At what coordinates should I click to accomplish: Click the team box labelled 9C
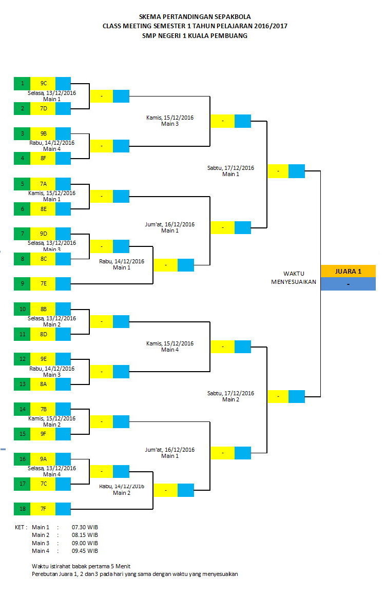(43, 83)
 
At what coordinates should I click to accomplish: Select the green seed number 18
(22, 509)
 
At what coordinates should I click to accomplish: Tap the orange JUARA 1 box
(348, 271)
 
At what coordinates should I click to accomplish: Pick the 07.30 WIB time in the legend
(85, 527)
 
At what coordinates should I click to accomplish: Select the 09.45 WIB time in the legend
(85, 551)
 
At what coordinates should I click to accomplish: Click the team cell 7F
(43, 509)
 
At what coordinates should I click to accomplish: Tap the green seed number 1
(22, 83)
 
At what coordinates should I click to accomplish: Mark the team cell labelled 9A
(43, 459)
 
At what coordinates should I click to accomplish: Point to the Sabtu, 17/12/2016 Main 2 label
(230, 396)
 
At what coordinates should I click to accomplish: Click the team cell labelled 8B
(43, 309)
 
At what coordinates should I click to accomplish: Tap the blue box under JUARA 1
(348, 284)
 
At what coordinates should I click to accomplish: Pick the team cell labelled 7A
(43, 184)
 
